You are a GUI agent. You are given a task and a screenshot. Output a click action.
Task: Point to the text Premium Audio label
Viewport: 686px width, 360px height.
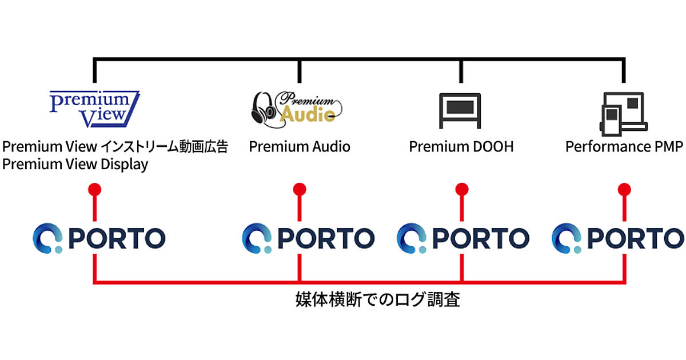[300, 147]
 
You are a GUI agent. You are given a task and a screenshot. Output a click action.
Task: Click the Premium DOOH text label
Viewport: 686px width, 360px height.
[461, 147]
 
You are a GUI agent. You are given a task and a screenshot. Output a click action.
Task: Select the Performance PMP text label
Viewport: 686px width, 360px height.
[624, 147]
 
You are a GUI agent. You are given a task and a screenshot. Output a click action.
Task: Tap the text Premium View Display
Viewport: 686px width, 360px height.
[75, 165]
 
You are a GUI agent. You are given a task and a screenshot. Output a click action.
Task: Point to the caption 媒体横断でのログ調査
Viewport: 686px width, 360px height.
[377, 299]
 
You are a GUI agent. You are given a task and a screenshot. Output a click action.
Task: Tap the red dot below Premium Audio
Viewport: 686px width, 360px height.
[299, 189]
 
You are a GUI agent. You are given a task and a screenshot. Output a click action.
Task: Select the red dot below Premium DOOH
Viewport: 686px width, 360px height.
[462, 189]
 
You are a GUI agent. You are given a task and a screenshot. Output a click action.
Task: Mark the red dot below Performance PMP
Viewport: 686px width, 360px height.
[624, 189]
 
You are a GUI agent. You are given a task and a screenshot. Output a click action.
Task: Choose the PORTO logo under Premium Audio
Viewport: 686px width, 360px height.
[308, 238]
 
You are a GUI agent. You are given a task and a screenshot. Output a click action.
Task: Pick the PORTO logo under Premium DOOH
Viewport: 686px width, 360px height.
[463, 238]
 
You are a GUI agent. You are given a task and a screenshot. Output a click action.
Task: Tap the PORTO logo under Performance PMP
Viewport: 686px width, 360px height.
[618, 238]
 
